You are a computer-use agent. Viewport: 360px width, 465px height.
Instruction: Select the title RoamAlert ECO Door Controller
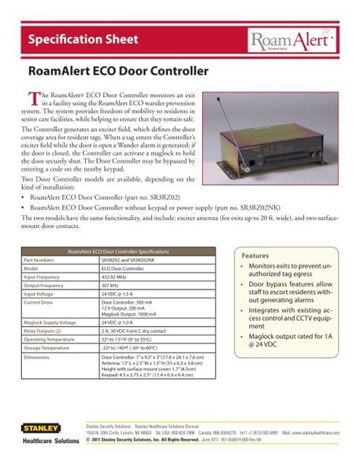click(117, 72)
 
